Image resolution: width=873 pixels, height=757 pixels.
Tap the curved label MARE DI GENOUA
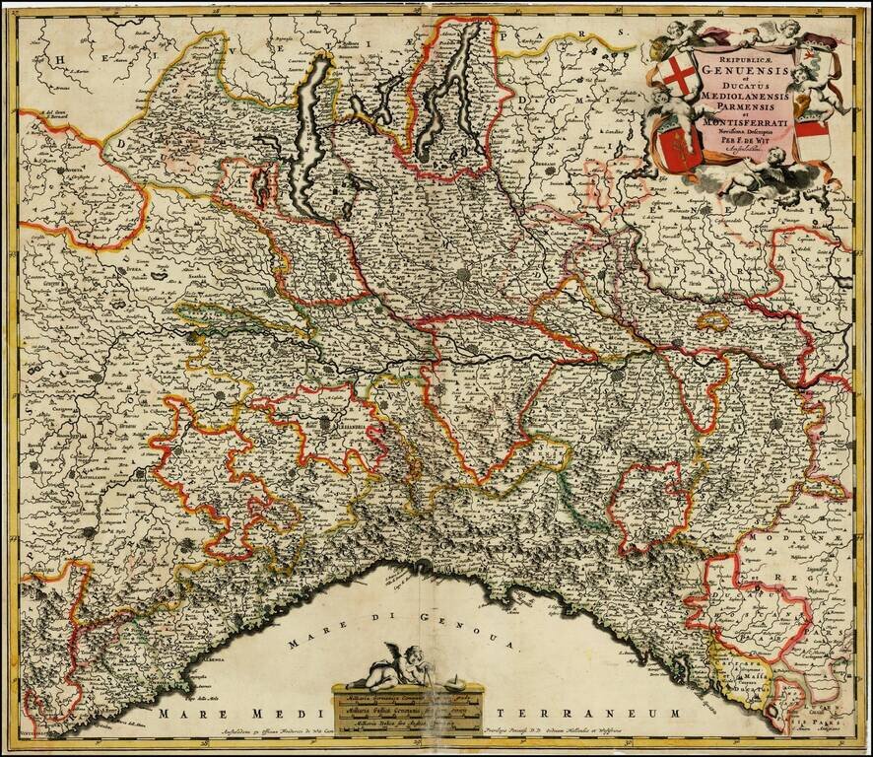[404, 631]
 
